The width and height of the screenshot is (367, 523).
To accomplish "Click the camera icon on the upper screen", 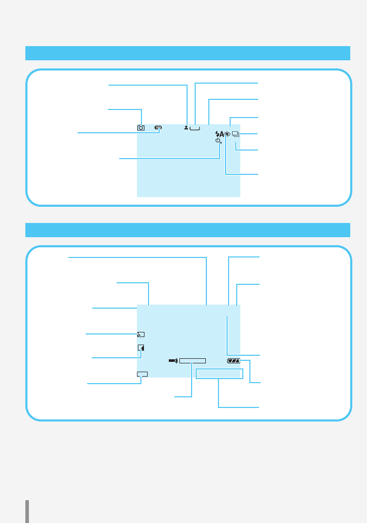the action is pos(141,128).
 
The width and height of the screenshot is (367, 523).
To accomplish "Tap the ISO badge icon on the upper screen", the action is pos(158,128).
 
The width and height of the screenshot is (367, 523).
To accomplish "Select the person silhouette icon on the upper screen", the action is pos(187,127).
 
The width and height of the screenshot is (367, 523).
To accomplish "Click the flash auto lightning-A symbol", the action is pos(219,134).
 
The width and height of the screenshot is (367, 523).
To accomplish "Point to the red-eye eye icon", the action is pos(228,134).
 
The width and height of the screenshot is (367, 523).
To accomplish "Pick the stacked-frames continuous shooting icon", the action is pos(236,134).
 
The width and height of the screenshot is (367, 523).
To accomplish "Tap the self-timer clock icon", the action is pos(218,140).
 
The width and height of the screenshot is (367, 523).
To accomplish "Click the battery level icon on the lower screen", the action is pos(234,361).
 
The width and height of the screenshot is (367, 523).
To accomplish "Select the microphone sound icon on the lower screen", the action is pos(173,361).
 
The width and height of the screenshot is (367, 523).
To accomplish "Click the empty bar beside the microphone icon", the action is pos(192,361).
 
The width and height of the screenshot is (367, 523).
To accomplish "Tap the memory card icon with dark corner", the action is pos(141,348).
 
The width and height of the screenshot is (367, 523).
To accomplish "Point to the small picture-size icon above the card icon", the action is pos(141,334).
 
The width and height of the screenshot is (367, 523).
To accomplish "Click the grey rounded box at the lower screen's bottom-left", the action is pos(142,375).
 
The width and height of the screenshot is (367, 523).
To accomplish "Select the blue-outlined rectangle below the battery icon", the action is pos(219,374).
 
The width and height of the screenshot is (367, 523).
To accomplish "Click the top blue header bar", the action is pos(188,53).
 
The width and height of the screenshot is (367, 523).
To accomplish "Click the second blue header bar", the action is pos(188,230).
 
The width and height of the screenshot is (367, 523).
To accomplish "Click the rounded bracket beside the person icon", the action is pos(195,129).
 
